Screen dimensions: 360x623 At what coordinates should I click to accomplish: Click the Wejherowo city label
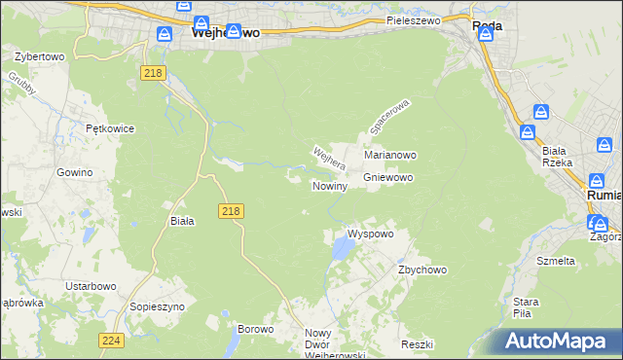pos(225,32)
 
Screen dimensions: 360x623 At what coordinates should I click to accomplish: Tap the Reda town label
pos(487,27)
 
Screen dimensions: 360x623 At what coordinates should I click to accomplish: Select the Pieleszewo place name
pos(414,19)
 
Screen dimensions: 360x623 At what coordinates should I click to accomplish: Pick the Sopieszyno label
pos(157,306)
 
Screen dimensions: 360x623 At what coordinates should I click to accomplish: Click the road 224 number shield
pos(111,340)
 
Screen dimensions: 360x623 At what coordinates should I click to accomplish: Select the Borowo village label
pos(256,330)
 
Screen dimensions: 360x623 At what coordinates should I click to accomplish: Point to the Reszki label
pos(417,345)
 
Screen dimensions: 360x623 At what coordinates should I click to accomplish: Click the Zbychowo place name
pos(421,270)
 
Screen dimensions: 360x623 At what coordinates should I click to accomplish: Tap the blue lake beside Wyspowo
pos(342,252)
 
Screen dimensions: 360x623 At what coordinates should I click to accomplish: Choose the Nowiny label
pos(330,186)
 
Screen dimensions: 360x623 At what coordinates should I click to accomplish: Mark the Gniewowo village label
pos(389,178)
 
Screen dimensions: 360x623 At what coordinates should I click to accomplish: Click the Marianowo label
pos(390,155)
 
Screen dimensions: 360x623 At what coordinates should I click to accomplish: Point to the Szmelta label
pos(556,261)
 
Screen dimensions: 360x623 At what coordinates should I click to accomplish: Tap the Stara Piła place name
pos(526,307)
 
